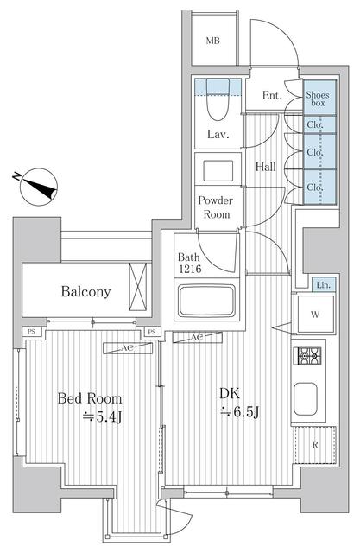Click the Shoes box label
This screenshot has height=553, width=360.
click(x=317, y=98)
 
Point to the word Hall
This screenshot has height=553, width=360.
click(x=265, y=166)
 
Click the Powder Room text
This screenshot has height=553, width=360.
click(x=216, y=207)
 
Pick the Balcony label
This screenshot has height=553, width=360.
click(x=85, y=291)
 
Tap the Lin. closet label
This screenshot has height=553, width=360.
click(x=322, y=285)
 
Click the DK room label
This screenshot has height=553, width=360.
click(x=228, y=393)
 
